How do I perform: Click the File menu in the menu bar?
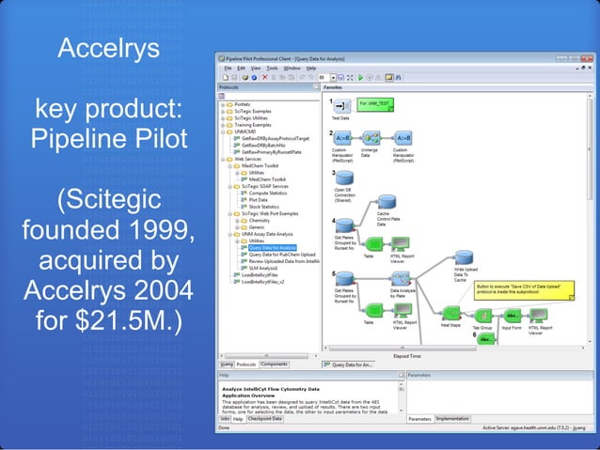(227, 68)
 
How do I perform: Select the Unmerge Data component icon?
(371, 138)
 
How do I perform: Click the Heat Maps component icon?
(450, 313)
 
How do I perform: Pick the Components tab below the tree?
(275, 364)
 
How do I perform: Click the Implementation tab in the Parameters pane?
(452, 419)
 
